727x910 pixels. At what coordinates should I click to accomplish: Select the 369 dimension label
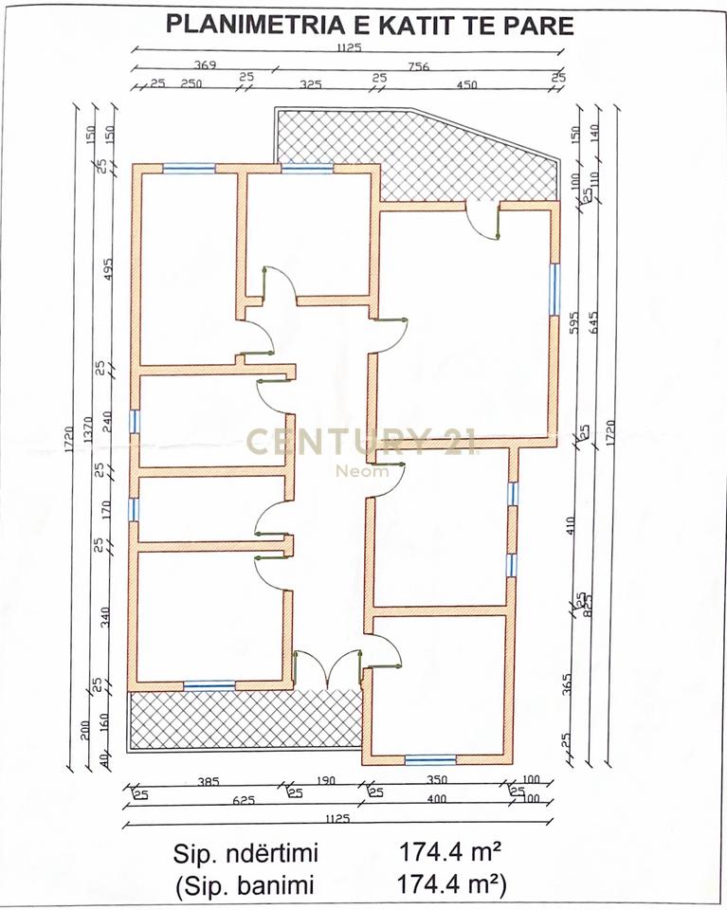[x=205, y=66]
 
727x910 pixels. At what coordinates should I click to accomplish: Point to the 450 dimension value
[x=466, y=84]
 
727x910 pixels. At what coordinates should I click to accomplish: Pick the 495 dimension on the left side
[x=107, y=269]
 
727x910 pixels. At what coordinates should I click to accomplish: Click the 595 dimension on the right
[x=573, y=325]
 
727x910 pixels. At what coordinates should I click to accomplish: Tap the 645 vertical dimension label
[x=594, y=325]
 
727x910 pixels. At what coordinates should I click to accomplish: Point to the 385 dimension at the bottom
[x=208, y=783]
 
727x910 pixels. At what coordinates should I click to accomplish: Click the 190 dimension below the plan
[x=327, y=783]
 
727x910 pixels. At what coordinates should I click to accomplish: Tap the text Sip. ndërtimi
[x=245, y=853]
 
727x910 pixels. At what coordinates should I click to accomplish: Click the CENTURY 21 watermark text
[x=360, y=442]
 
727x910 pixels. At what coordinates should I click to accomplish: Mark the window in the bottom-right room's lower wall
[x=429, y=759]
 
